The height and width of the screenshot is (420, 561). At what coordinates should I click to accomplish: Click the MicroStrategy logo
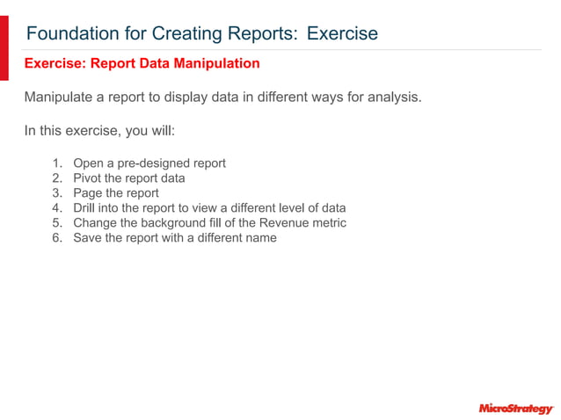click(515, 409)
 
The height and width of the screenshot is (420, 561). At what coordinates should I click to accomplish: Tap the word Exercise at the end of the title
click(343, 34)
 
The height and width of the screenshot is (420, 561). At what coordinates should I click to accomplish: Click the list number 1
click(56, 163)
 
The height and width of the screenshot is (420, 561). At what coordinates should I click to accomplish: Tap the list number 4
click(56, 208)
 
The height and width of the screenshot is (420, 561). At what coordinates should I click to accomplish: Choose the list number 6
click(56, 238)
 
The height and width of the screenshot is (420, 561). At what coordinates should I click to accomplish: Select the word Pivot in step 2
click(88, 178)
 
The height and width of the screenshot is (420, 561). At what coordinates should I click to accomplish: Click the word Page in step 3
click(88, 193)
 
